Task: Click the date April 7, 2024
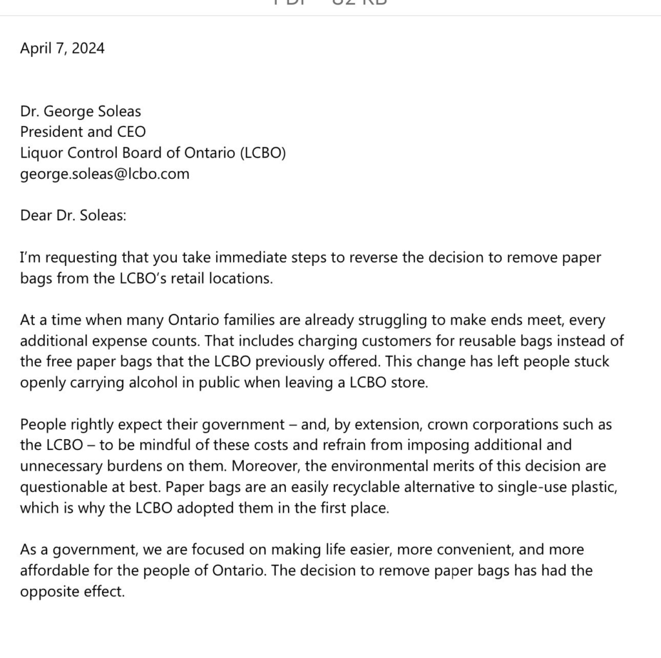[x=62, y=48]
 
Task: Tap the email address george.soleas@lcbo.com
[x=105, y=174]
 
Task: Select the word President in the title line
[x=51, y=132]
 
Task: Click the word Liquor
[x=41, y=153]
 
